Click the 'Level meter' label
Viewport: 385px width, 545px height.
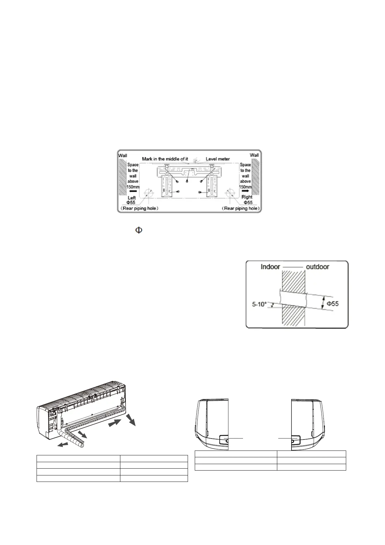click(x=218, y=159)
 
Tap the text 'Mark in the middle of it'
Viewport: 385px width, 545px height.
click(x=165, y=159)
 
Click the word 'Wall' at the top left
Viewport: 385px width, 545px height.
click(x=123, y=155)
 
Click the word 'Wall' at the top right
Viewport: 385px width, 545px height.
click(x=254, y=155)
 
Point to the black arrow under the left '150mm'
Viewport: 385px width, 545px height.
click(x=133, y=191)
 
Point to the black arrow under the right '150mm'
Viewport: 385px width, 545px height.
click(x=245, y=191)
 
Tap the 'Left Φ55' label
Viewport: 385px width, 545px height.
click(x=131, y=200)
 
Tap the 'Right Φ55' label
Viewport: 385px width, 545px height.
click(x=247, y=200)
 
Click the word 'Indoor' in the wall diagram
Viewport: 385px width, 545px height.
click(x=270, y=267)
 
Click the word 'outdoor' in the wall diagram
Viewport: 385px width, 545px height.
click(x=317, y=267)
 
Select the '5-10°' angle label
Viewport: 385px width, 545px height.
click(x=259, y=304)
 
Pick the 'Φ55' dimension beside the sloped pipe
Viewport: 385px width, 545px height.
click(x=332, y=304)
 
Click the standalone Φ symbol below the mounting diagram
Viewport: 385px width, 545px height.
click(x=138, y=231)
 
